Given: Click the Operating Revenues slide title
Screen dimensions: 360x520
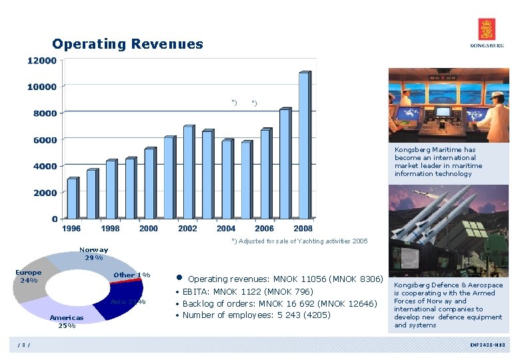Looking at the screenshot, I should click(x=127, y=44).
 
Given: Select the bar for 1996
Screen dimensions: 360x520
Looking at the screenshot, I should click(x=73, y=198).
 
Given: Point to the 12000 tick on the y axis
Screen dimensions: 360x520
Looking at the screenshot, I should click(x=41, y=61).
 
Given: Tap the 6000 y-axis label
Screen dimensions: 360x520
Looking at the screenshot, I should click(x=44, y=140).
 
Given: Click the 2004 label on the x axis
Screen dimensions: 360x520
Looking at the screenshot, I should click(x=226, y=229).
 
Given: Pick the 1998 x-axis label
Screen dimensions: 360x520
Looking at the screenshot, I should click(x=111, y=229).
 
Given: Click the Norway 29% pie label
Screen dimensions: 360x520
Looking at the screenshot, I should click(x=93, y=254).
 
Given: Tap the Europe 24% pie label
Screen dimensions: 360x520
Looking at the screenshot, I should click(x=29, y=276).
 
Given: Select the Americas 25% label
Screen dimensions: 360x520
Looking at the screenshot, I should click(x=67, y=322).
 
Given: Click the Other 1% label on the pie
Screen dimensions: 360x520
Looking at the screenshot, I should click(x=131, y=275).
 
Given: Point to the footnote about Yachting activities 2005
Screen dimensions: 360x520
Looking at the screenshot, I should click(x=299, y=241).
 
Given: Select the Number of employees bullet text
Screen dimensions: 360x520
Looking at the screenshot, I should click(x=256, y=315).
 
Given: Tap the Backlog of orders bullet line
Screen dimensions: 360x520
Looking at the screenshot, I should click(x=280, y=303).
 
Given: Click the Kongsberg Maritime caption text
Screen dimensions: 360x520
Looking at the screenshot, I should click(x=438, y=162).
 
